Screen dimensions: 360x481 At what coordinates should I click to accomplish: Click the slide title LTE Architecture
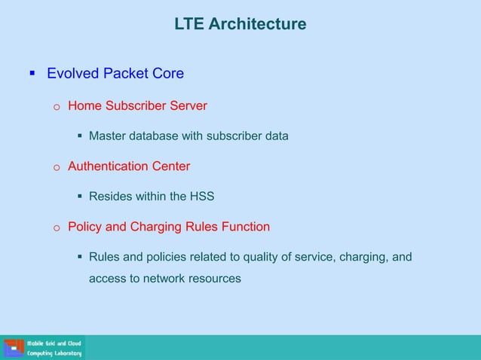pos(240,25)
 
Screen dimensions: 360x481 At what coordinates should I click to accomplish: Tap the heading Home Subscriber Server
pos(137,105)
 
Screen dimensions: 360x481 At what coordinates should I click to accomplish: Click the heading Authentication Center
pos(129,166)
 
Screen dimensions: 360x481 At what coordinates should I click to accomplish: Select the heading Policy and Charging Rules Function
pos(169,227)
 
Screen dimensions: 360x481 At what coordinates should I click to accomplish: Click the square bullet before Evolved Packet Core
pos(32,74)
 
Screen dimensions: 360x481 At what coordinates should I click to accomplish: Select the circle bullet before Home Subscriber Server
pos(56,107)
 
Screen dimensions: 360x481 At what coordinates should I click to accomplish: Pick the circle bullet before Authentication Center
pos(56,167)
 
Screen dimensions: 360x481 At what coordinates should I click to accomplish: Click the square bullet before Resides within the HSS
pos(79,197)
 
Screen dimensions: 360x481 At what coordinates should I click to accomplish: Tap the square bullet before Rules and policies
pos(79,258)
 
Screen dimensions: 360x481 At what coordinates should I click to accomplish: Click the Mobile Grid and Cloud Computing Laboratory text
pos(54,348)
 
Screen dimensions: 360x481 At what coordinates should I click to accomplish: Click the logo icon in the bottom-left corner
pos(13,348)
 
